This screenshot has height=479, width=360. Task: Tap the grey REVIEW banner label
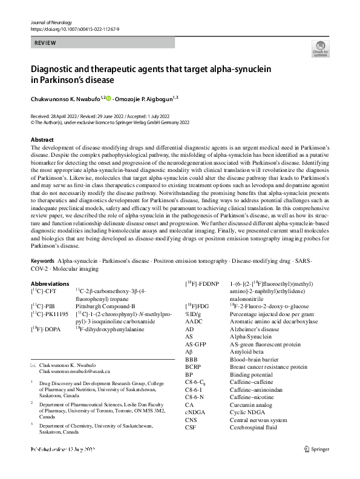[x=47, y=44]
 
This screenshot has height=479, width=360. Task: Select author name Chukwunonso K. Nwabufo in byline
[x=66, y=97]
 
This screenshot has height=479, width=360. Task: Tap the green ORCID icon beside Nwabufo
[x=109, y=97]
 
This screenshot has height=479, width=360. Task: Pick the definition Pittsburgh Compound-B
[x=105, y=307]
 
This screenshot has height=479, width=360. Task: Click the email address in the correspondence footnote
[x=74, y=371]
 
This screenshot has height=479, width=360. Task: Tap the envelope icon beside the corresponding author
[x=33, y=365]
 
